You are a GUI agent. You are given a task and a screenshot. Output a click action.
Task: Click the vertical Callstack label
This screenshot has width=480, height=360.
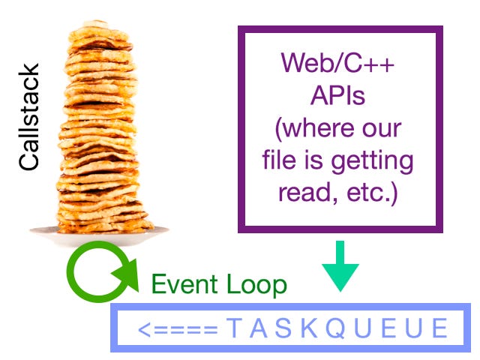(x=29, y=117)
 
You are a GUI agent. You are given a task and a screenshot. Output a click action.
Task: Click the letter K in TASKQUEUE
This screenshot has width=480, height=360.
(x=292, y=328)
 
